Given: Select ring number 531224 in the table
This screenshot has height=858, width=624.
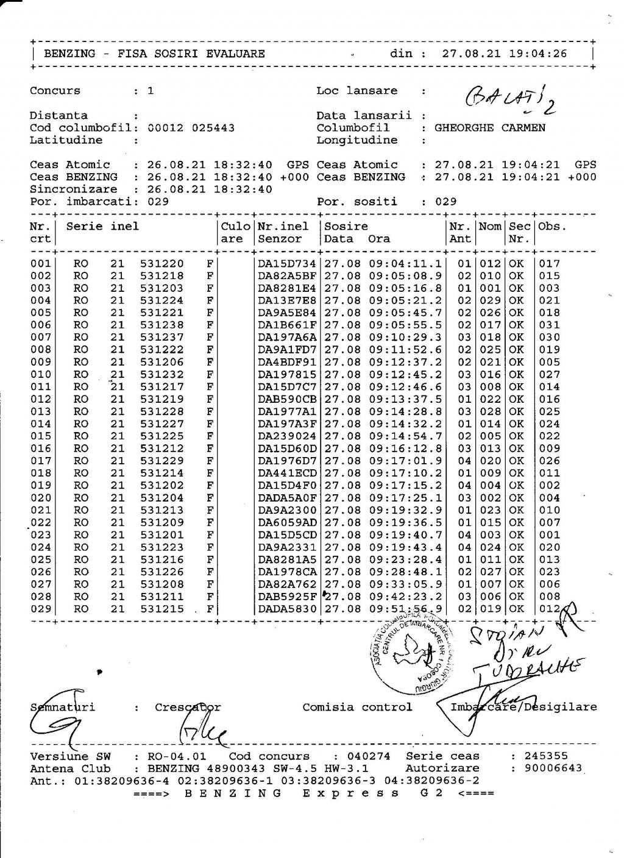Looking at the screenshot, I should coord(161,300).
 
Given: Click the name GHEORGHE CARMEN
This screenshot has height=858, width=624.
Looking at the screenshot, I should coord(490,128).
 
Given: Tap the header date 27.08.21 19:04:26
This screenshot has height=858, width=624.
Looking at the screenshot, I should coord(505,54).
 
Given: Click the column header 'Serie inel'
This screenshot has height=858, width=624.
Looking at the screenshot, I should coord(102,227).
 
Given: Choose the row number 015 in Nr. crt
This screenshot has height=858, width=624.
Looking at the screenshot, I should coord(41,436).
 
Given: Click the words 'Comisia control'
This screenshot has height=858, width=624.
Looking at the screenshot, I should coord(357,707).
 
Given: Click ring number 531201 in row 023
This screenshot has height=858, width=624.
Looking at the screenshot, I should coord(161,535).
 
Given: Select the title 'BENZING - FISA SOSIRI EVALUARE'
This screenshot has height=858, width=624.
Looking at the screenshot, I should coord(154,54).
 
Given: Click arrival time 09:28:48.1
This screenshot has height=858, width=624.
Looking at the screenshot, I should coord(405,572).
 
